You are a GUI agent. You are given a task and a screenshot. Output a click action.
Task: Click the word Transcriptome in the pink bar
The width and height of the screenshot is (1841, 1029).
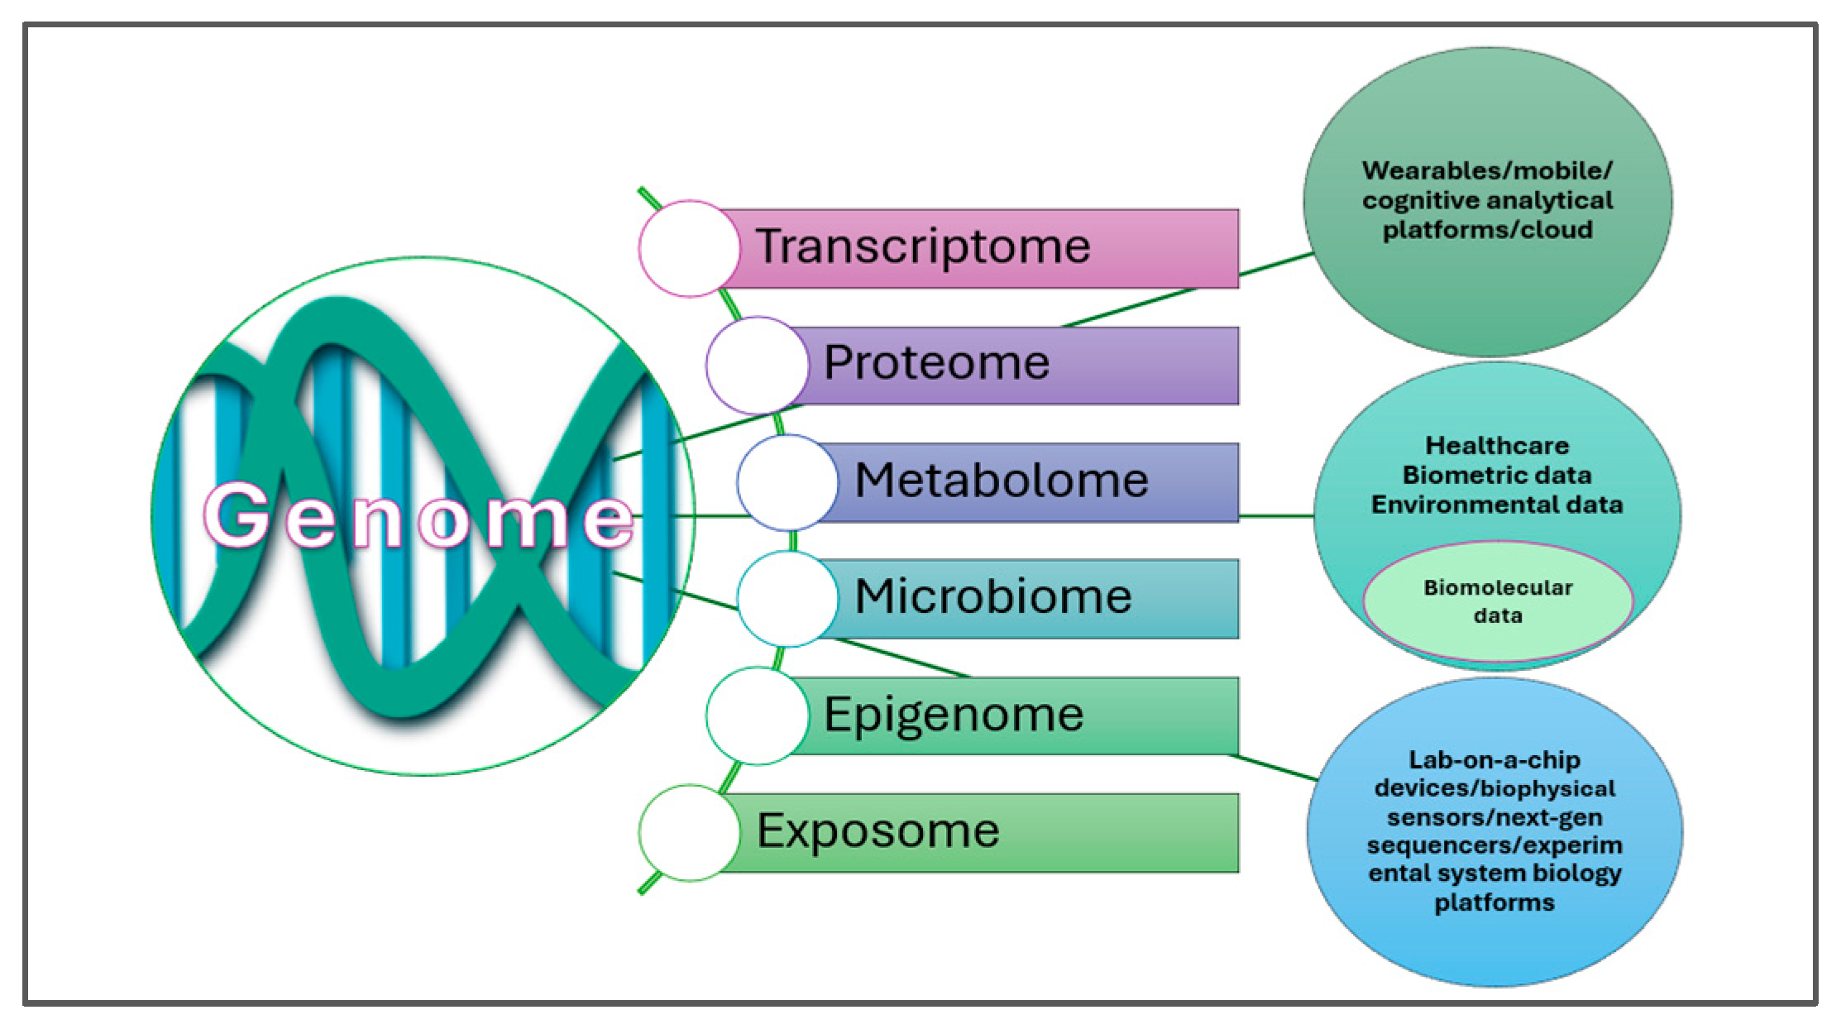(x=922, y=246)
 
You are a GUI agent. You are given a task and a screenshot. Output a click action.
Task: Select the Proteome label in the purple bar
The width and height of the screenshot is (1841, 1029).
(x=936, y=363)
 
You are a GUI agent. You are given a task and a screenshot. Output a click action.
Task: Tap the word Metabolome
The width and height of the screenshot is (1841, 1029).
(x=1001, y=481)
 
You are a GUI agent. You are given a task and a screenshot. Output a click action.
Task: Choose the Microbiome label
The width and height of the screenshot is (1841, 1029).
(x=992, y=596)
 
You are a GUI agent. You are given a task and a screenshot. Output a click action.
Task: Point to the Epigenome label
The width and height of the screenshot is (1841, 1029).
(x=953, y=715)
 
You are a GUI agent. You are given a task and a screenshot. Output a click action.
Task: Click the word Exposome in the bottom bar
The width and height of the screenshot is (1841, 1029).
(x=877, y=831)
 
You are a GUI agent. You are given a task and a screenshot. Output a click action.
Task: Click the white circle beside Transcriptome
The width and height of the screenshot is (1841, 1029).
(x=688, y=248)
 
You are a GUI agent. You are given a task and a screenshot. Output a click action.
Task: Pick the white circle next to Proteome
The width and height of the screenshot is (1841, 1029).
(x=756, y=365)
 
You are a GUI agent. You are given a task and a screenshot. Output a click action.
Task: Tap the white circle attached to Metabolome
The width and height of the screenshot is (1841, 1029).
(x=787, y=481)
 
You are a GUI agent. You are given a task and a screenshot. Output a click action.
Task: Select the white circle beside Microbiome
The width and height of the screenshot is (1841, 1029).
(x=787, y=598)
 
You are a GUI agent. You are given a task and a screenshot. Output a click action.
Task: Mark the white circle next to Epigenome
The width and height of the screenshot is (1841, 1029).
(x=756, y=716)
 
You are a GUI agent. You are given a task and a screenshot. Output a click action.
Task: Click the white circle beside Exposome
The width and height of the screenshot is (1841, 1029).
(x=688, y=832)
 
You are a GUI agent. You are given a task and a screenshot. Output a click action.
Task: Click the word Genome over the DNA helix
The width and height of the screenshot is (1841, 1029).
(x=418, y=517)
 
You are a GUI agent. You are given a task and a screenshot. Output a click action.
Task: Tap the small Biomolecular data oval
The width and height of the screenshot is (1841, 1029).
(x=1497, y=601)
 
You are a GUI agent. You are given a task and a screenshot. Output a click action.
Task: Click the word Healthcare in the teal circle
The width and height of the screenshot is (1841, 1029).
(x=1496, y=446)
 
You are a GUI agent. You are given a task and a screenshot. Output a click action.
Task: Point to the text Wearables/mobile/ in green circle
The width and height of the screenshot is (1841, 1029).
(x=1486, y=171)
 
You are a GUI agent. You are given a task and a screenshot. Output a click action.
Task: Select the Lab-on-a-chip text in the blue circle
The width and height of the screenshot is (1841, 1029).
(x=1494, y=760)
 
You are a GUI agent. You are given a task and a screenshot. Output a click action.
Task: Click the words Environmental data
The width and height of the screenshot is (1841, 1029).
(x=1496, y=505)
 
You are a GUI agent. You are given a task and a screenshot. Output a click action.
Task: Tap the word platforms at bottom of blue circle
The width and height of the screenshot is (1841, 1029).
(x=1494, y=902)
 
